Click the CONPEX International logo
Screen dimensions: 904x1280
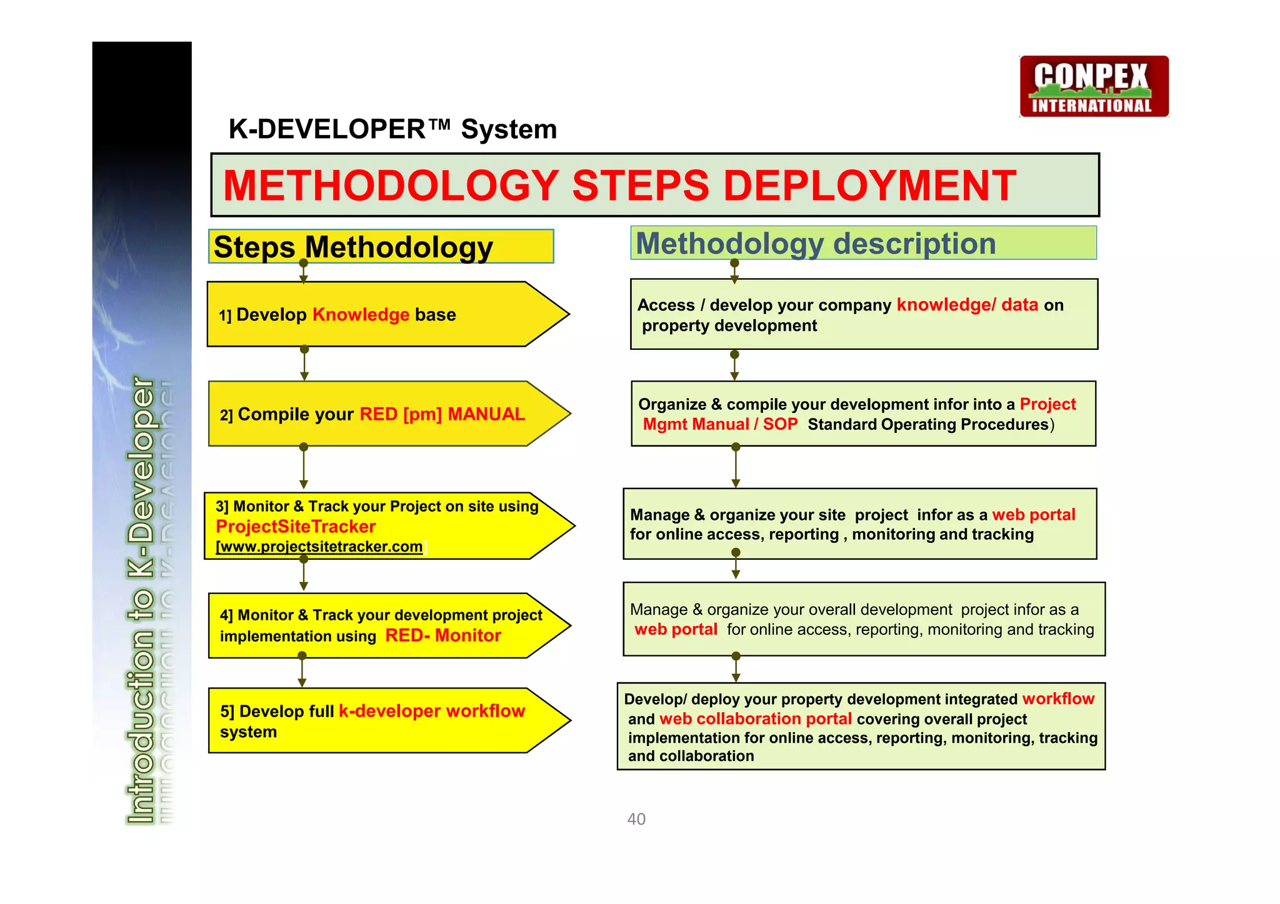pyautogui.click(x=1094, y=86)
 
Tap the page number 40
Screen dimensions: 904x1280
pyautogui.click(x=636, y=819)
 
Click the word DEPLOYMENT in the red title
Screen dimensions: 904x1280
pyautogui.click(x=869, y=186)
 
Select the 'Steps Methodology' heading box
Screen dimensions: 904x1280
pyautogui.click(x=381, y=247)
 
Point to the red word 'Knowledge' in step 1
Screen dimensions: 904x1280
pyautogui.click(x=361, y=314)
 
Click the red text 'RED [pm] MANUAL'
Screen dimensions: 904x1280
pyautogui.click(x=442, y=414)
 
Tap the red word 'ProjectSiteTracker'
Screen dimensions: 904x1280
pyautogui.click(x=296, y=527)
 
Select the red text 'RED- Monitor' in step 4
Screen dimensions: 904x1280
pyautogui.click(x=442, y=635)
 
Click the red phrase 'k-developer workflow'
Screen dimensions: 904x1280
pyautogui.click(x=431, y=711)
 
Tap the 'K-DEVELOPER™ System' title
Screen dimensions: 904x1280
pyautogui.click(x=392, y=129)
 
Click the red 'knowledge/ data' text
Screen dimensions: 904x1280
pyautogui.click(x=967, y=305)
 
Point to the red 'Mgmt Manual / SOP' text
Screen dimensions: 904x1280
pyautogui.click(x=720, y=424)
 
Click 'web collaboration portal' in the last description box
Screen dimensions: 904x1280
pyautogui.click(x=755, y=719)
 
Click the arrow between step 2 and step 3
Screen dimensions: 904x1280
pyautogui.click(x=304, y=467)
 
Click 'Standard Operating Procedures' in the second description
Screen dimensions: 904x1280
pyautogui.click(x=927, y=424)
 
